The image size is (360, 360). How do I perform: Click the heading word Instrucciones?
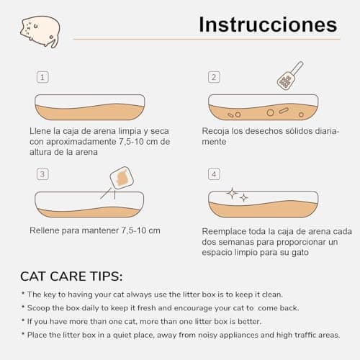tap(267, 24)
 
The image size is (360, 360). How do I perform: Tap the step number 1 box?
tap(42, 77)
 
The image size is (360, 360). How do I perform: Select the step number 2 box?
tap(214, 77)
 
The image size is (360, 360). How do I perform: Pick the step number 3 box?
tap(42, 174)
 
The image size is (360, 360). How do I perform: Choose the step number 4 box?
tap(214, 174)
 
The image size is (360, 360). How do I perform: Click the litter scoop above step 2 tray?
tap(289, 76)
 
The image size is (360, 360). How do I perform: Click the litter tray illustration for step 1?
tap(90, 107)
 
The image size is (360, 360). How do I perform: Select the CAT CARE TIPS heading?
tap(71, 276)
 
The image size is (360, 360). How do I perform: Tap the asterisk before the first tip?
tap(23, 294)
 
